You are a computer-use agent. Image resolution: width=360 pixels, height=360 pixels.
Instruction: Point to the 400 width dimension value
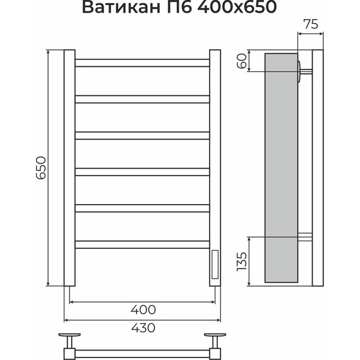[x=144, y=309]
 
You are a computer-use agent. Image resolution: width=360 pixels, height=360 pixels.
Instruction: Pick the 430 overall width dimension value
[x=144, y=328]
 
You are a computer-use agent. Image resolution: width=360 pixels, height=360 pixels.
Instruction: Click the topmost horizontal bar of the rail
[x=143, y=62]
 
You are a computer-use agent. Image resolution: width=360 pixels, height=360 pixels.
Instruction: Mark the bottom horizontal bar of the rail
[x=143, y=243]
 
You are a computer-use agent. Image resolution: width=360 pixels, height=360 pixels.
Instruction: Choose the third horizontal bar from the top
[x=143, y=134]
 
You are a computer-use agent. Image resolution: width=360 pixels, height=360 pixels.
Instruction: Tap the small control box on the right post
[x=215, y=263]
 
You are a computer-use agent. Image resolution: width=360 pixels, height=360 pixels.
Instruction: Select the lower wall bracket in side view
[x=305, y=238]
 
